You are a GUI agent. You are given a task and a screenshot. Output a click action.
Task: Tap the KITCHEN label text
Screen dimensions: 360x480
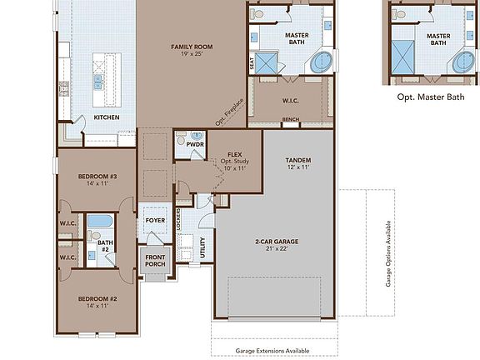tap(107, 117)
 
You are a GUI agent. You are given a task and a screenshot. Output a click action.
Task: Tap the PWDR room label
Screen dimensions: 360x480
tap(195, 143)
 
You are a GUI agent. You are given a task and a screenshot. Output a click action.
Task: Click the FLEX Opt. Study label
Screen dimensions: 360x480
tap(235, 160)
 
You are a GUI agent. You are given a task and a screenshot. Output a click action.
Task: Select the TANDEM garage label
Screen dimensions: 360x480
tap(297, 162)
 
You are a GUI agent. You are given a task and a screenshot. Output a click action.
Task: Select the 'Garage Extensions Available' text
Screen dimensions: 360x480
tap(273, 352)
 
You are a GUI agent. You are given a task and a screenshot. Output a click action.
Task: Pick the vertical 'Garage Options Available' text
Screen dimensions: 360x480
tap(388, 254)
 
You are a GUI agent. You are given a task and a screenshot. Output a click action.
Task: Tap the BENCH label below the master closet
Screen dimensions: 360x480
tap(291, 120)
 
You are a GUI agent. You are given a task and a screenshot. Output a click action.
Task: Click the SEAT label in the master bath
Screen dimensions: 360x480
tap(252, 62)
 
